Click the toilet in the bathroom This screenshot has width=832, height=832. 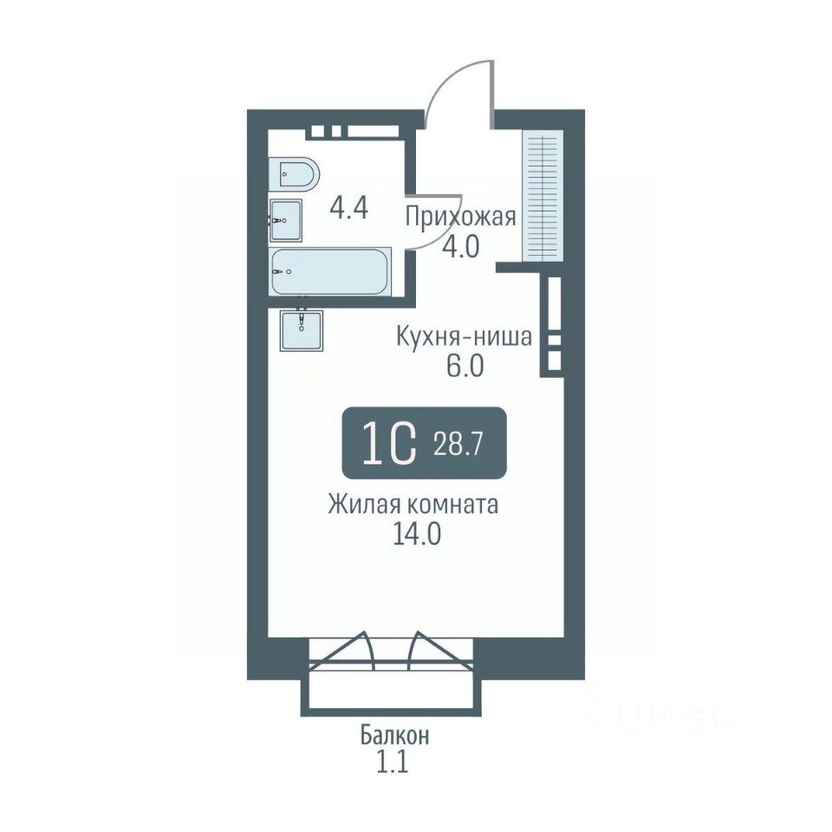click(x=294, y=173)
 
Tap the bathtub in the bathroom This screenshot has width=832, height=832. click(x=329, y=271)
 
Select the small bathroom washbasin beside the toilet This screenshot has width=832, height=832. click(x=285, y=220)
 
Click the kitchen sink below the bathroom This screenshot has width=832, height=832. click(x=302, y=330)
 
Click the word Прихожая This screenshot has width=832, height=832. click(x=460, y=217)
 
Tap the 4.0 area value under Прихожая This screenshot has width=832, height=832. click(x=461, y=246)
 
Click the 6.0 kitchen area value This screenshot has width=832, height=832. click(x=465, y=366)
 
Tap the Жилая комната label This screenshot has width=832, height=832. click(x=413, y=505)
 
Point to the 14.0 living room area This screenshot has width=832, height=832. click(x=417, y=535)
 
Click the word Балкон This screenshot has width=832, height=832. click(x=395, y=737)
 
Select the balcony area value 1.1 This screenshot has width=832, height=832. click(x=393, y=764)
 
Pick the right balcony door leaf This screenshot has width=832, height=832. click(x=439, y=649)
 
